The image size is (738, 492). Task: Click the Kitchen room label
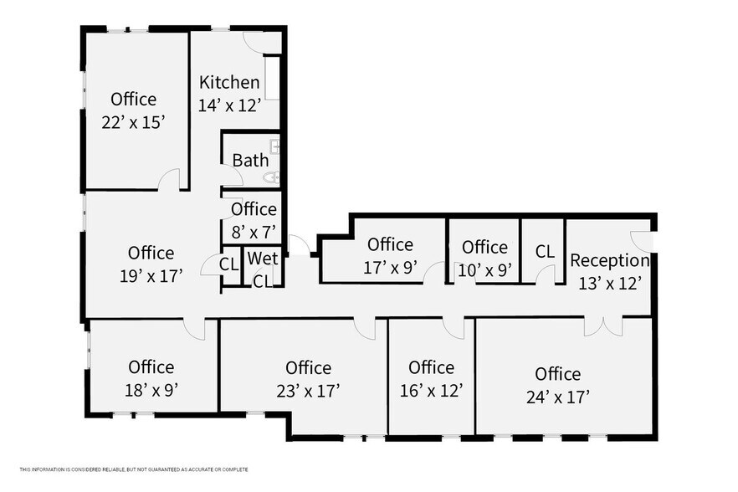point(229,83)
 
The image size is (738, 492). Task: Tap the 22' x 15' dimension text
point(133,122)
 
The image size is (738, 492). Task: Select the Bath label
point(250,160)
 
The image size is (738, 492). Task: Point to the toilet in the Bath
point(272,177)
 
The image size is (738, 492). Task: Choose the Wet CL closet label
point(263,269)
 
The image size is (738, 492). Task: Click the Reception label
point(610,260)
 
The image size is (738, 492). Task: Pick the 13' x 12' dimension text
point(610,283)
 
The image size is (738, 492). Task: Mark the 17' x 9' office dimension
point(390,268)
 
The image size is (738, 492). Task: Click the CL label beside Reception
point(545,251)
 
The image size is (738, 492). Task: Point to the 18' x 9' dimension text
point(151,389)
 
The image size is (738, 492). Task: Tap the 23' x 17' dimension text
point(308,390)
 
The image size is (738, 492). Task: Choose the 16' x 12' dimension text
point(431,390)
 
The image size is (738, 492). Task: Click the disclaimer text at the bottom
point(134,469)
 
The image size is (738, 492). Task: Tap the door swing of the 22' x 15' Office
point(169,179)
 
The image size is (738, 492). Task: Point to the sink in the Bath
point(274,147)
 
